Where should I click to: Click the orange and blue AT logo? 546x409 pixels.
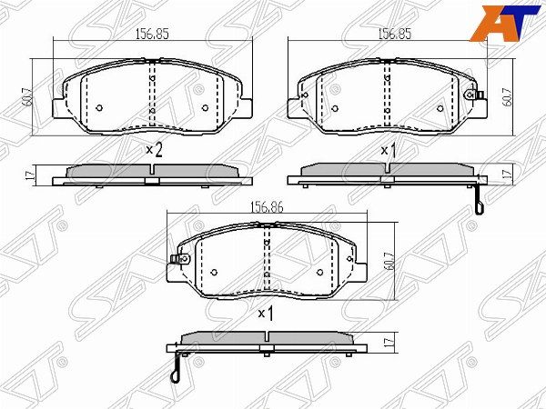point(507,24)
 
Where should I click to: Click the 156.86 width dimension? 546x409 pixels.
point(267,207)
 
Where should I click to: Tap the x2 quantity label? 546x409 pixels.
point(154,150)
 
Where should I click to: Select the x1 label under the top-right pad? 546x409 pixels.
point(389,151)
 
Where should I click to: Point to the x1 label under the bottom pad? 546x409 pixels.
point(266,314)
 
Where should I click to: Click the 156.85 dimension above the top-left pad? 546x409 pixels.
point(152,35)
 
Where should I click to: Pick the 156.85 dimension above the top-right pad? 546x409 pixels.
point(395,35)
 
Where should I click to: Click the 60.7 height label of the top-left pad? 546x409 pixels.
point(28,97)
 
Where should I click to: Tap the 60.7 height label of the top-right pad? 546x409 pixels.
point(509,97)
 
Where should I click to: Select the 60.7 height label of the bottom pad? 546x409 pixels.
point(389,261)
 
